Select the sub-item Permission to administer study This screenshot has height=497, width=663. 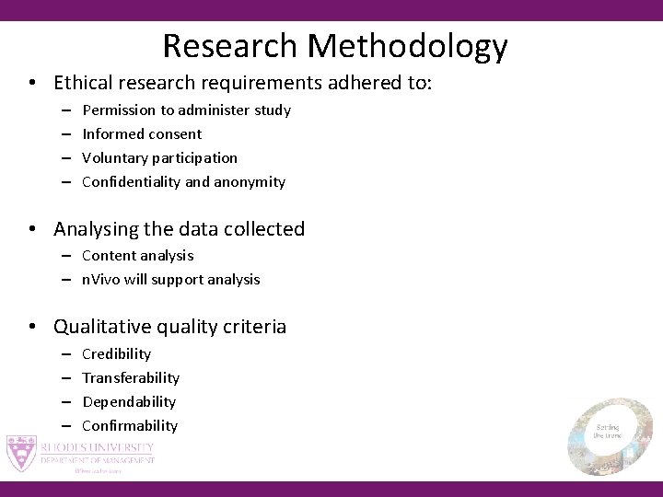tap(186, 110)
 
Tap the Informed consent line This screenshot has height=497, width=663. tap(142, 134)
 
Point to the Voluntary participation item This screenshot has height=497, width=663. tap(159, 158)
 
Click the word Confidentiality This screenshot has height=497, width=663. tap(131, 182)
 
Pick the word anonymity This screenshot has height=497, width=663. tap(250, 182)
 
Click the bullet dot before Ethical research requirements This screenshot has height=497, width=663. tap(32, 84)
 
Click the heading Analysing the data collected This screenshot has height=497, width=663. tap(179, 229)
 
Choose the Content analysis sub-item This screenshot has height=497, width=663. tap(137, 256)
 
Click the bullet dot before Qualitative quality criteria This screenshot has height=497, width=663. tap(32, 328)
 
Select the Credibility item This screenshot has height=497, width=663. tap(116, 354)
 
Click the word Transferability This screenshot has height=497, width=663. tap(131, 378)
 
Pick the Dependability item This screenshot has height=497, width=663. tap(129, 402)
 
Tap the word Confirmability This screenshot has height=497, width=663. tap(130, 426)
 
